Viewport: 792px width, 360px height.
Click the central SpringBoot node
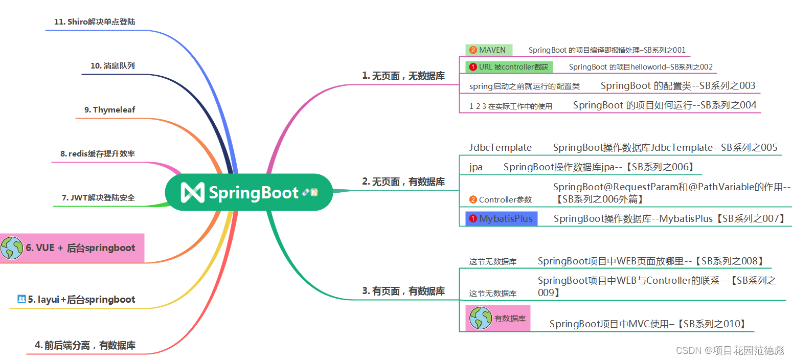(249, 192)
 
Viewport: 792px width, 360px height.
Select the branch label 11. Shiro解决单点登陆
(95, 22)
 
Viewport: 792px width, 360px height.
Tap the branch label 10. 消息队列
(112, 66)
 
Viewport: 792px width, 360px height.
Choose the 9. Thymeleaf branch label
(109, 109)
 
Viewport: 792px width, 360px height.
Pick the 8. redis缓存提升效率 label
(98, 153)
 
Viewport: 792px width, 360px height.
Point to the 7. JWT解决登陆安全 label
(98, 198)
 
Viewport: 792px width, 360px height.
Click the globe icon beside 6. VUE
(12, 248)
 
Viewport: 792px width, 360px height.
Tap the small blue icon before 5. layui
(21, 299)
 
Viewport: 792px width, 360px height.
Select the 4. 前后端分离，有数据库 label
(85, 345)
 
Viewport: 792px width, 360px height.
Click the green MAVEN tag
(489, 50)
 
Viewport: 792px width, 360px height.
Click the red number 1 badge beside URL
(473, 67)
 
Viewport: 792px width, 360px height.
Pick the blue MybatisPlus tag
(502, 218)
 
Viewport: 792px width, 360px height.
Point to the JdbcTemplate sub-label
(500, 147)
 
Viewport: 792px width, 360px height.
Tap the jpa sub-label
(476, 167)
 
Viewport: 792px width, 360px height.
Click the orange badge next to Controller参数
(473, 199)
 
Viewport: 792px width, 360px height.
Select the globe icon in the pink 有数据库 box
(481, 318)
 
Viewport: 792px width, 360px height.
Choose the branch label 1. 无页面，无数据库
(403, 76)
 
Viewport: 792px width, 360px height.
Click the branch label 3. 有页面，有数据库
(403, 291)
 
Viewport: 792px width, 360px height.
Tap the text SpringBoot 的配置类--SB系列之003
(678, 85)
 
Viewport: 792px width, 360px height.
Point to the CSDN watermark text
(730, 350)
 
